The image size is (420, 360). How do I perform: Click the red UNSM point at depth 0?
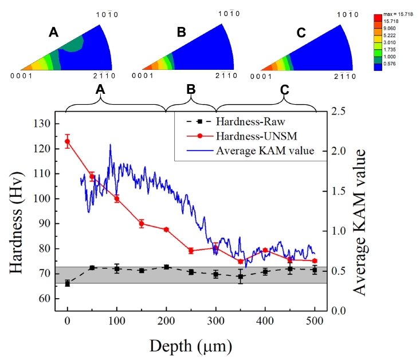pyautogui.click(x=68, y=141)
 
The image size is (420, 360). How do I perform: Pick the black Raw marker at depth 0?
pyautogui.click(x=68, y=283)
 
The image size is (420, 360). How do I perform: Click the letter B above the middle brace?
pyautogui.click(x=191, y=89)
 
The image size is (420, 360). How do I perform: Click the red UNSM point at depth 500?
pyautogui.click(x=315, y=261)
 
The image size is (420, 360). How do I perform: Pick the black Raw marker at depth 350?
pyautogui.click(x=241, y=276)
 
